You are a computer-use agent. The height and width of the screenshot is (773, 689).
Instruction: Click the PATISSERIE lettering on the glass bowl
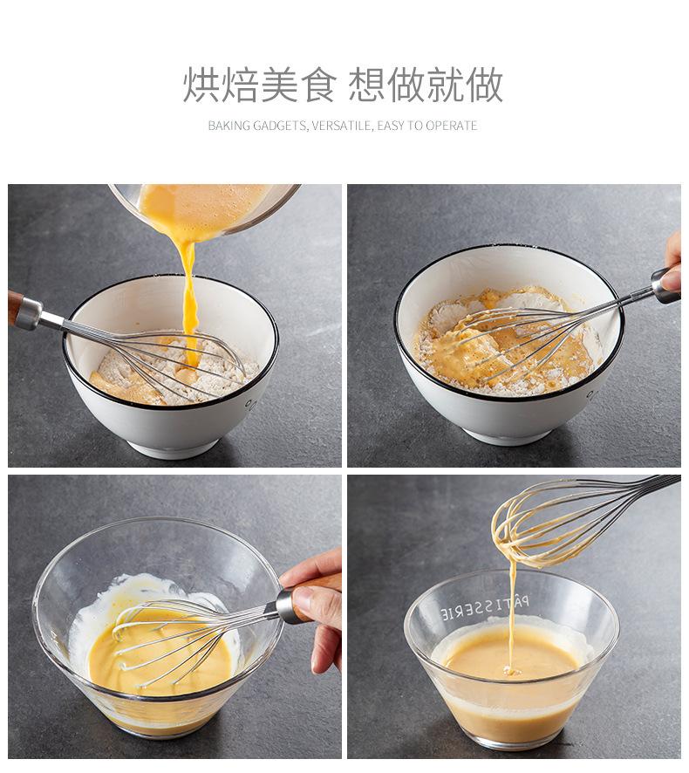tap(484, 607)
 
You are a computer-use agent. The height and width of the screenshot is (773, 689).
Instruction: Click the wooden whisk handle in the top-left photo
tap(14, 308)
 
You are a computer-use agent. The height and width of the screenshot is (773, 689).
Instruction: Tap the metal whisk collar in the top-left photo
tap(30, 313)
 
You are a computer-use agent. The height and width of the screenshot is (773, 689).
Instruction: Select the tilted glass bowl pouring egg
tap(205, 209)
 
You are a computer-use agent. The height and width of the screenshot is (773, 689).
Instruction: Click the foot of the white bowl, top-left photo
tap(173, 448)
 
